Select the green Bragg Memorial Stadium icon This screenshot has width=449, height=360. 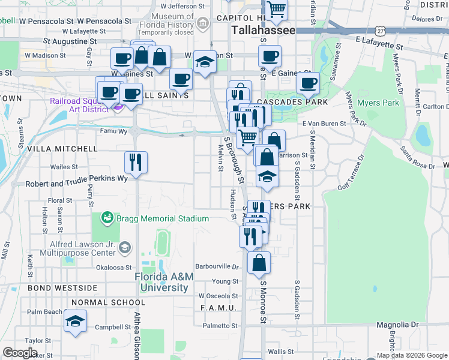click(107, 217)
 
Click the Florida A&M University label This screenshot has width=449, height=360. click(164, 282)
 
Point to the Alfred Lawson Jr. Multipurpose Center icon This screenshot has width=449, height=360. click(125, 247)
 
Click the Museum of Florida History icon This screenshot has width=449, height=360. click(203, 25)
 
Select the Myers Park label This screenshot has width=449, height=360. click(378, 103)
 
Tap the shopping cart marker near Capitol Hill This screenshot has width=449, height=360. click(276, 10)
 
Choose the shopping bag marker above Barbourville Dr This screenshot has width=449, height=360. click(259, 263)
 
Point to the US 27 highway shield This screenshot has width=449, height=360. click(380, 30)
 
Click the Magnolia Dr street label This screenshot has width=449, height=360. click(397, 325)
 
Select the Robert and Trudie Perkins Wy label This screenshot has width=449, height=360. click(77, 179)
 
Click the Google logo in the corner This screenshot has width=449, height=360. click(20, 353)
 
